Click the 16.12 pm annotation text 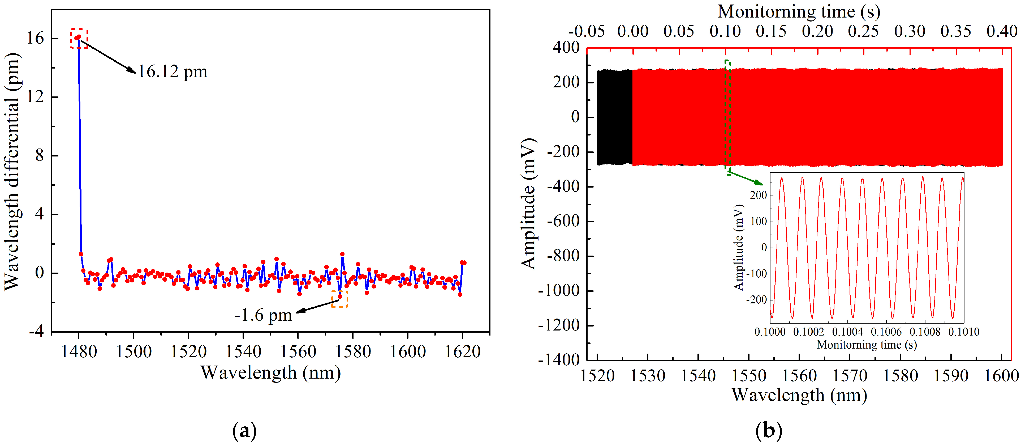[x=173, y=72]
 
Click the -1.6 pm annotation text [x=263, y=315]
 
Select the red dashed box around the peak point [x=79, y=39]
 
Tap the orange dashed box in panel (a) [x=340, y=299]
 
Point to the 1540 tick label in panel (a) [x=243, y=351]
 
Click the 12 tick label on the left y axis [x=35, y=96]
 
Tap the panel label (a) [x=244, y=431]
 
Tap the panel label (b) [x=769, y=431]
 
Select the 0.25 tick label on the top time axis [x=863, y=31]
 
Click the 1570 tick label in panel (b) [x=850, y=376]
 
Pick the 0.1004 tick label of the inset [x=847, y=332]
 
